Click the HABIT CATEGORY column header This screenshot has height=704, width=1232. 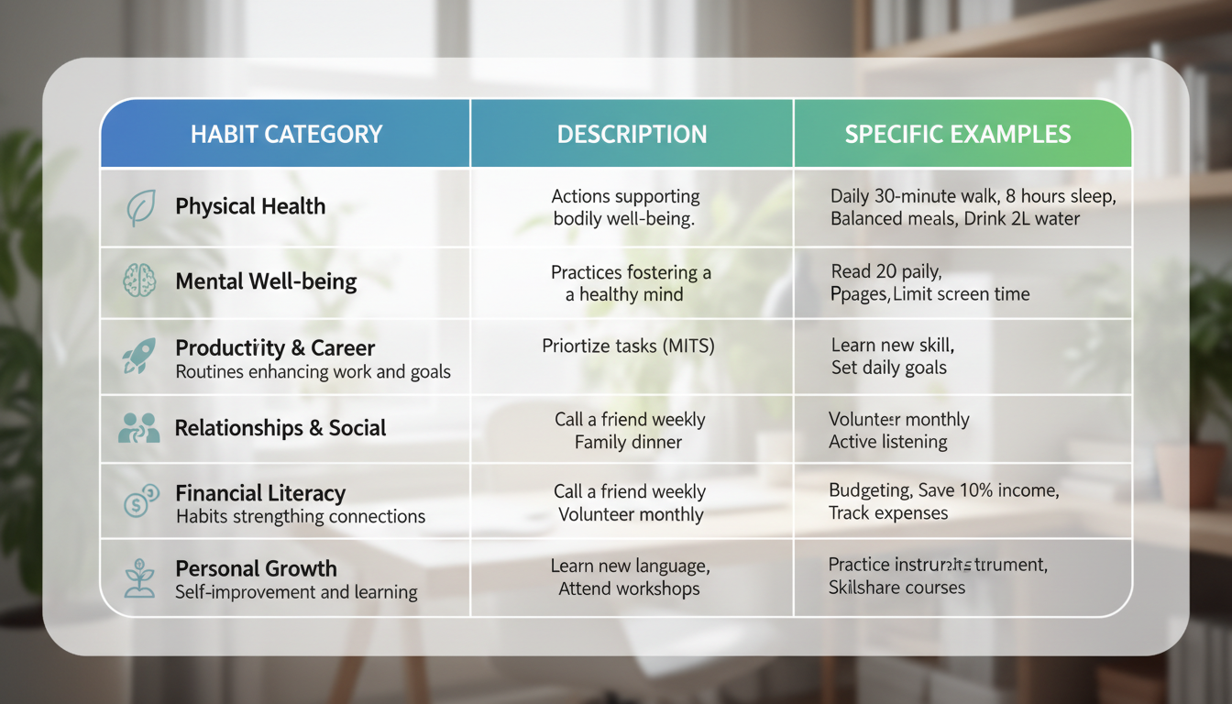[286, 134]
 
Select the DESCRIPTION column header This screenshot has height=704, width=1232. [632, 134]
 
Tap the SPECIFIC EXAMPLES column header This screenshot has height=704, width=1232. [957, 134]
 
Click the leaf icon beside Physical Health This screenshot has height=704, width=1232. [140, 207]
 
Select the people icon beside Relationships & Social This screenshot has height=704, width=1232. [139, 428]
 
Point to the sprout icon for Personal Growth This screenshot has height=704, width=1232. [139, 577]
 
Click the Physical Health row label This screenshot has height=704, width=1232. [250, 206]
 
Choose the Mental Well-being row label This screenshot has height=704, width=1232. [266, 280]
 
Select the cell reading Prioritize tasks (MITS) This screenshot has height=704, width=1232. [628, 346]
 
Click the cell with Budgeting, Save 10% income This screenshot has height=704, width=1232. [943, 490]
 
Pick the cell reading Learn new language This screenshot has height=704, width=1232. [630, 566]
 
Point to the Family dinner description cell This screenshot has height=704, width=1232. [629, 442]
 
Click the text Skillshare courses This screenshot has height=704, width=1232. [896, 587]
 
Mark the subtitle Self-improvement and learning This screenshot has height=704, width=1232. [296, 592]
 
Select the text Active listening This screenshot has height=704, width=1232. [887, 442]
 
